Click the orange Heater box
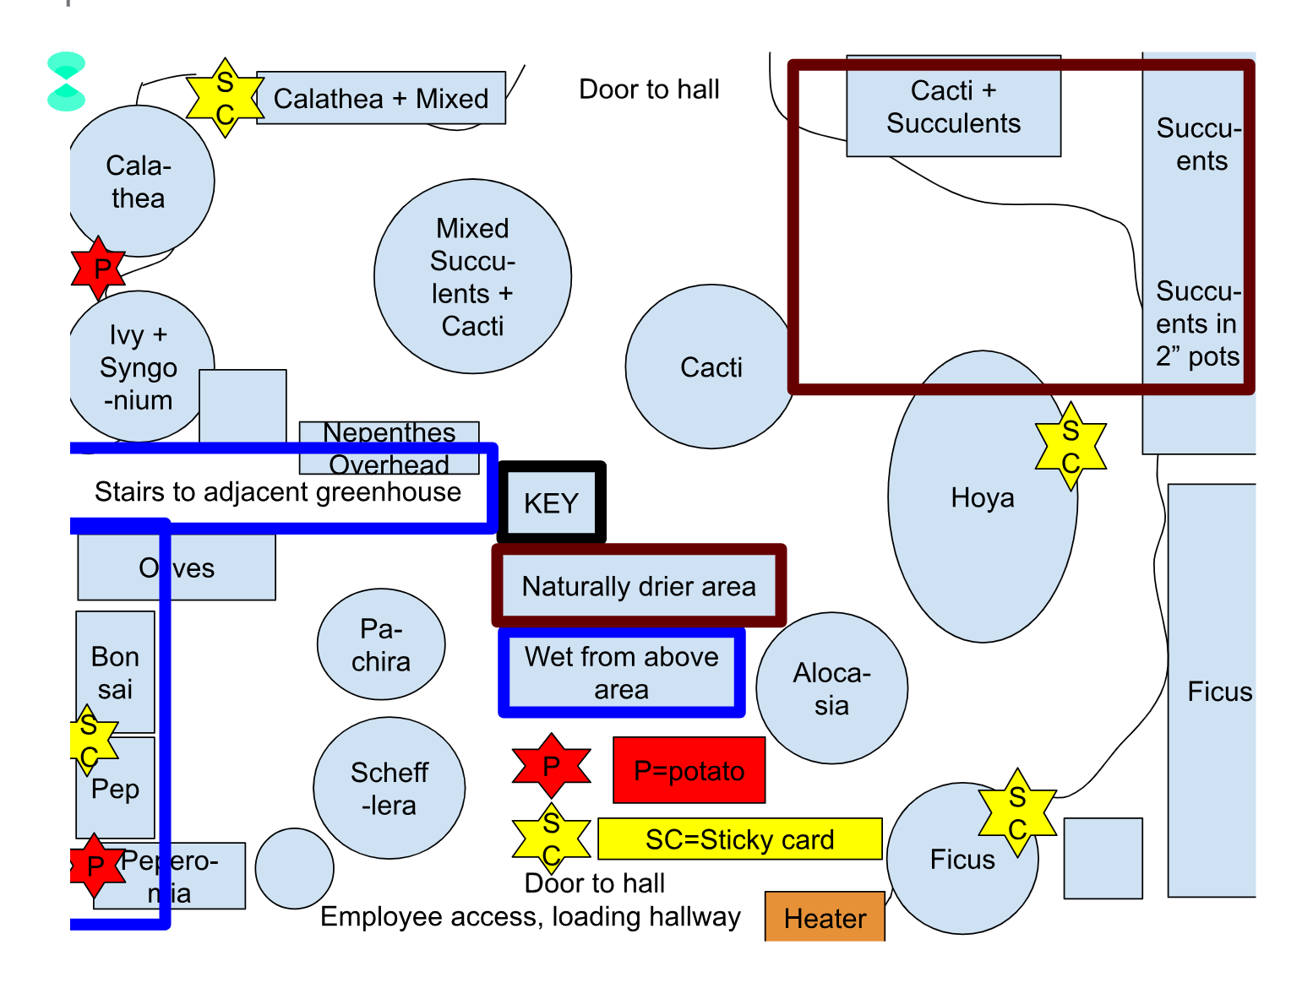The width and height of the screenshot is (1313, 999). click(x=825, y=917)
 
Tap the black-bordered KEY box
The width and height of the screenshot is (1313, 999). click(x=551, y=502)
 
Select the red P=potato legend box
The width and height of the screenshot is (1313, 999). click(x=689, y=770)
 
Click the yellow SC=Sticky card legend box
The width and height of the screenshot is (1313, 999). click(x=739, y=839)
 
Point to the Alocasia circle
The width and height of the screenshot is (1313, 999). click(x=831, y=688)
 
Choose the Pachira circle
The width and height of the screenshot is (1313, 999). click(x=381, y=644)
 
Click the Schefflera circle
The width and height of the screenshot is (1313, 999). click(x=389, y=788)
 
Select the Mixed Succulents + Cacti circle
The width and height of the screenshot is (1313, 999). click(x=472, y=276)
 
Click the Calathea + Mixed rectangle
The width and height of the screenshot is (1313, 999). click(x=381, y=98)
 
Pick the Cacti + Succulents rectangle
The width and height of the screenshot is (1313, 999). click(x=953, y=106)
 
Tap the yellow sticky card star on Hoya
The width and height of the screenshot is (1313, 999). click(x=1071, y=446)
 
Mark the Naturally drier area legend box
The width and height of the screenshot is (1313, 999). click(x=639, y=586)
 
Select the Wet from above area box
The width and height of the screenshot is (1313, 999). click(x=621, y=672)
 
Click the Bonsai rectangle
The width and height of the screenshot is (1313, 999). click(x=115, y=671)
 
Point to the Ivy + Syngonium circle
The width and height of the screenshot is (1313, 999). click(x=138, y=366)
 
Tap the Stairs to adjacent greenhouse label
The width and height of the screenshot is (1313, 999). click(x=278, y=491)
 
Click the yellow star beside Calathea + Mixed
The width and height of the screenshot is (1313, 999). click(x=224, y=98)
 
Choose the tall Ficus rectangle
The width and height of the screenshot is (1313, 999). click(x=1211, y=691)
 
